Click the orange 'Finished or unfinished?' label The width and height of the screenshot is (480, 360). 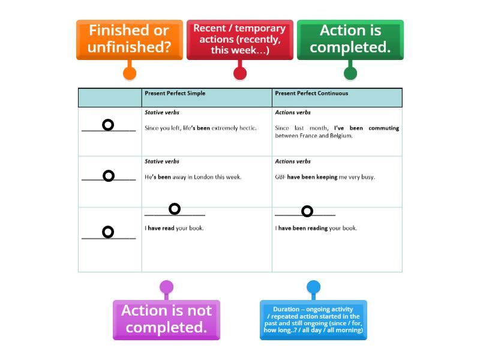(x=129, y=39)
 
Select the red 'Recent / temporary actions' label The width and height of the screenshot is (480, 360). (x=239, y=39)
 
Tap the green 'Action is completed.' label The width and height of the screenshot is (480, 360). (x=350, y=39)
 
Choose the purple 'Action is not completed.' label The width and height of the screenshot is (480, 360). (x=166, y=319)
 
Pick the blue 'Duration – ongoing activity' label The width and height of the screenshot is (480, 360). (x=313, y=320)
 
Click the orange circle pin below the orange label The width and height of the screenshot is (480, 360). (x=129, y=73)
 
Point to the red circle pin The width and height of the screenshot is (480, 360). (x=239, y=73)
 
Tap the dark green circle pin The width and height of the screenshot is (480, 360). (x=350, y=73)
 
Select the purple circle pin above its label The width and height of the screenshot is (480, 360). (x=166, y=287)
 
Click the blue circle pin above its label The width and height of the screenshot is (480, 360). (x=313, y=287)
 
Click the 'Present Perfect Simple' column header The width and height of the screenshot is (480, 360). (x=175, y=94)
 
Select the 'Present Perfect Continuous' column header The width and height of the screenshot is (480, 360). (x=311, y=94)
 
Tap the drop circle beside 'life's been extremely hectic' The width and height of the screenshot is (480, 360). (x=108, y=125)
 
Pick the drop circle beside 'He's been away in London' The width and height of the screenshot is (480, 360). (x=109, y=176)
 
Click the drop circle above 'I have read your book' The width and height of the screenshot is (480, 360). (x=175, y=209)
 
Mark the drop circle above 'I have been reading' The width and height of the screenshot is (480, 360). (x=307, y=211)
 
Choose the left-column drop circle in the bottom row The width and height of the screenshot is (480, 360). (x=108, y=232)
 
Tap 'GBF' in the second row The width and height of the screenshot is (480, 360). (x=280, y=177)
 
